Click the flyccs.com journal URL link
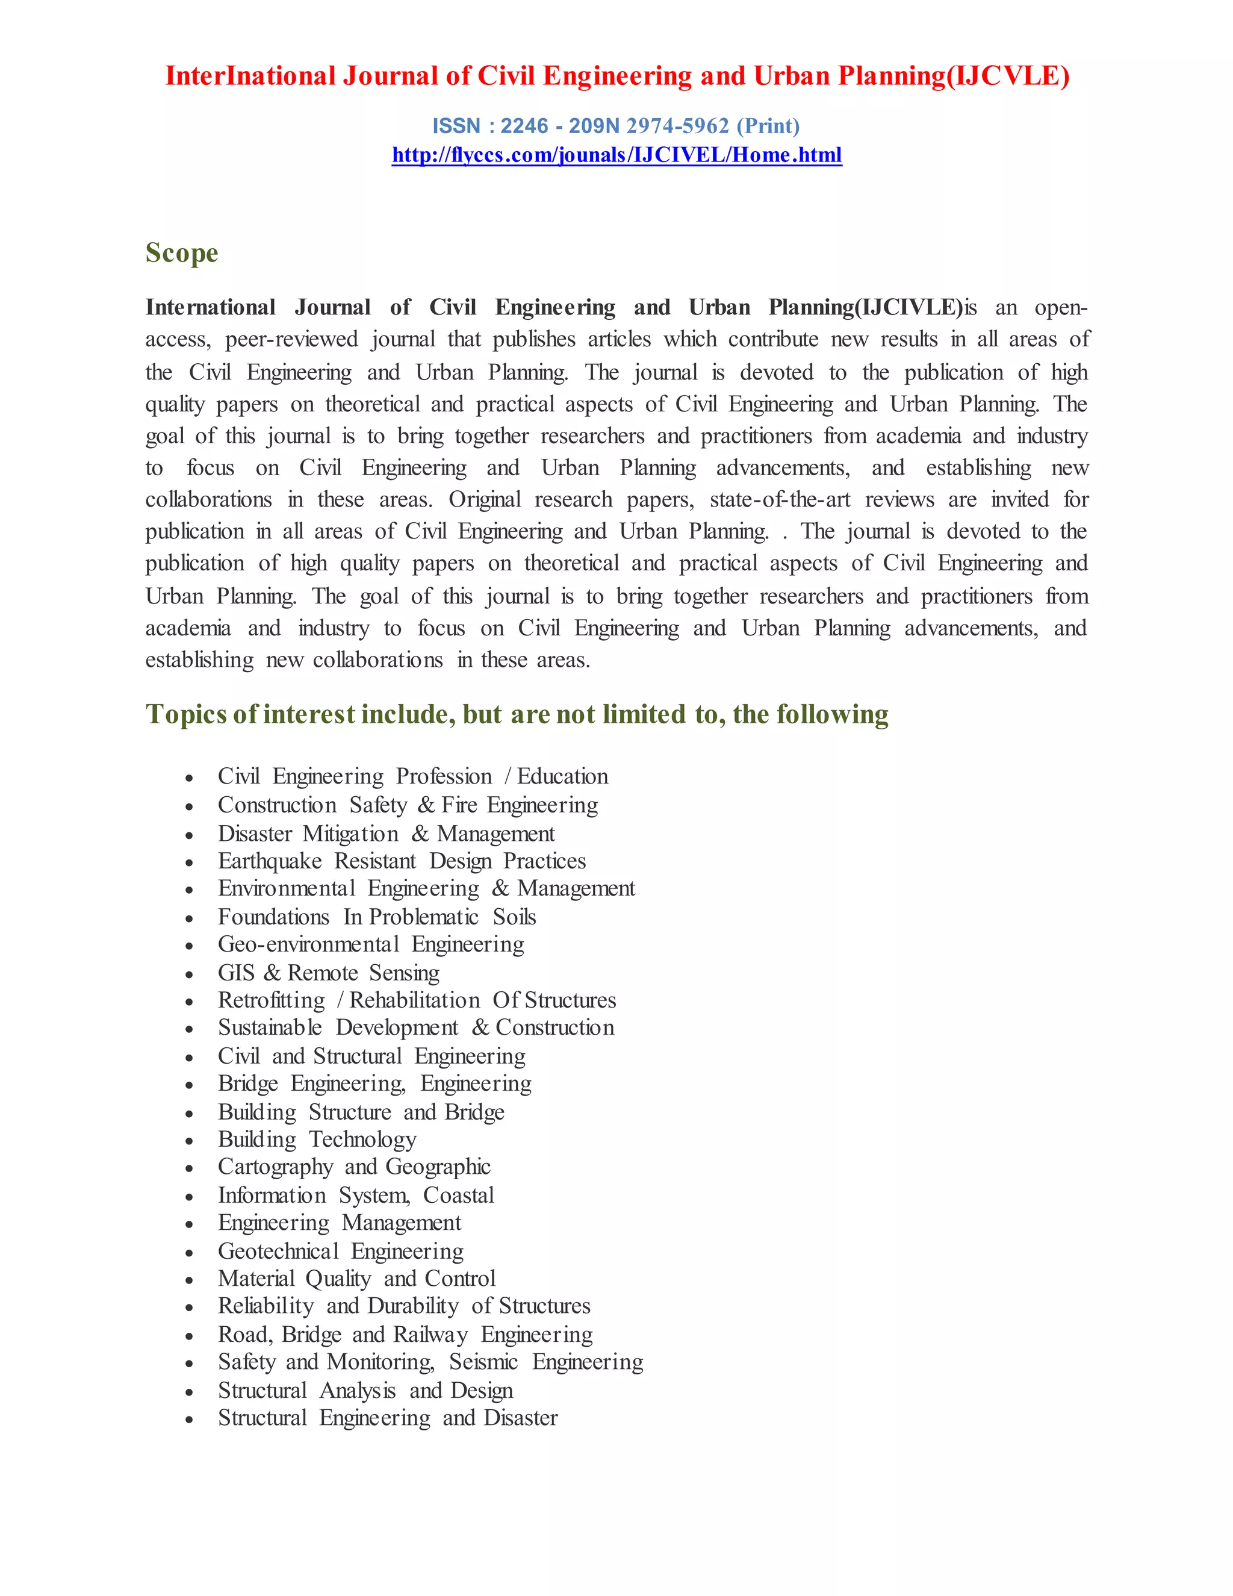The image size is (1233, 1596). pyautogui.click(x=616, y=155)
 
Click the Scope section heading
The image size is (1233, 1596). pyautogui.click(x=182, y=253)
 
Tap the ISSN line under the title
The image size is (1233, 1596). pyautogui.click(x=616, y=126)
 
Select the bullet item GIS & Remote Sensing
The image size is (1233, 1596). pyautogui.click(x=328, y=973)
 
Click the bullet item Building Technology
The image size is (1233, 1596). pyautogui.click(x=317, y=1139)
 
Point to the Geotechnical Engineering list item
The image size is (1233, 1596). pyautogui.click(x=340, y=1251)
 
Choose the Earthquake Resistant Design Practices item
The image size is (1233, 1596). pyautogui.click(x=402, y=861)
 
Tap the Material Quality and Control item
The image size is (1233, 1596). pyautogui.click(x=356, y=1278)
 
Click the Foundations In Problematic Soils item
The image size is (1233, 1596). pyautogui.click(x=377, y=917)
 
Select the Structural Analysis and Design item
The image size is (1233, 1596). pyautogui.click(x=365, y=1390)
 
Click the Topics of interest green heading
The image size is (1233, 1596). pyautogui.click(x=517, y=714)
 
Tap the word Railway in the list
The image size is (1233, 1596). pyautogui.click(x=430, y=1335)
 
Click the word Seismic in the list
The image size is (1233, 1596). pyautogui.click(x=483, y=1362)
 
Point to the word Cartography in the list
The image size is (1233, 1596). pyautogui.click(x=275, y=1167)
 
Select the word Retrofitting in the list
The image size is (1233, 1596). pyautogui.click(x=271, y=1000)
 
